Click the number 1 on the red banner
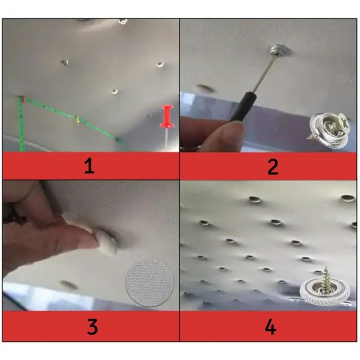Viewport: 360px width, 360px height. pyautogui.click(x=89, y=166)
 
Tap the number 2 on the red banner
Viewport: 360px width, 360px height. pyautogui.click(x=272, y=166)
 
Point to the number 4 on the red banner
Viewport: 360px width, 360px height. pyautogui.click(x=270, y=327)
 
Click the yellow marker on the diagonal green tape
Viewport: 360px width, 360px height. pyautogui.click(x=77, y=119)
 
